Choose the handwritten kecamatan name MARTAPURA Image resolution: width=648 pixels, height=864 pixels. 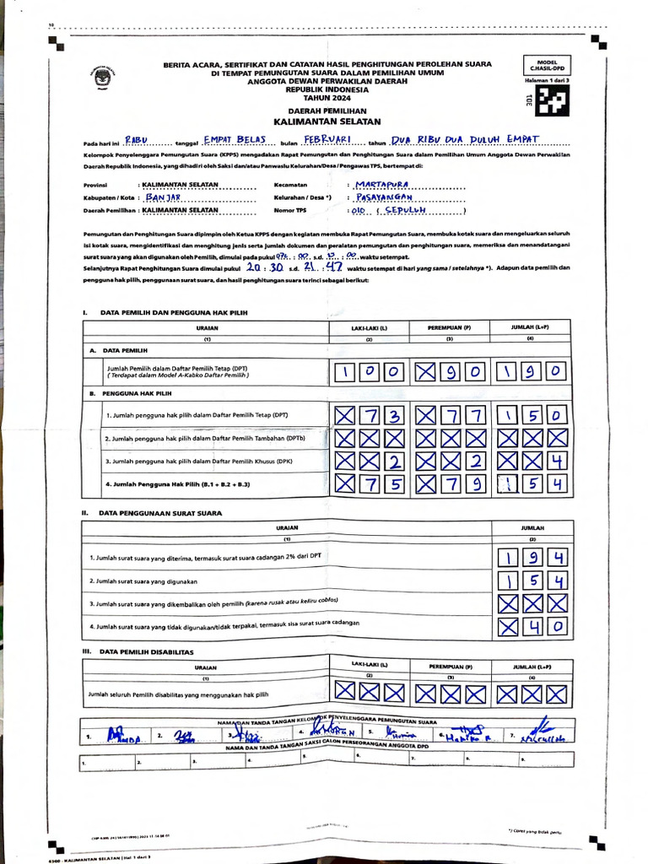(382, 183)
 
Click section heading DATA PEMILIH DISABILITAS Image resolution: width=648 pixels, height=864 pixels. (149, 651)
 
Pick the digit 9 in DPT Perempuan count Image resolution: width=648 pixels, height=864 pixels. (452, 372)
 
